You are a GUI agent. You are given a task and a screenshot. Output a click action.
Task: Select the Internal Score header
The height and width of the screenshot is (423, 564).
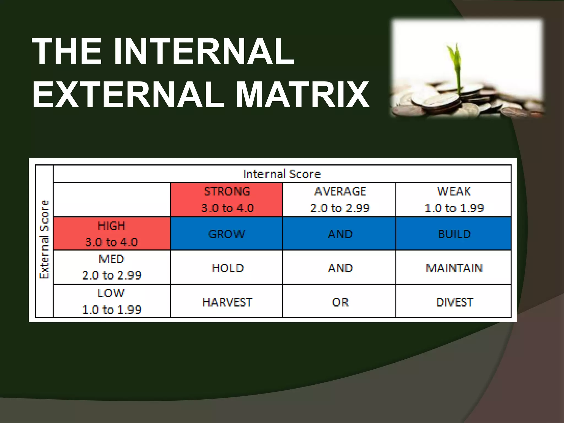[x=282, y=174]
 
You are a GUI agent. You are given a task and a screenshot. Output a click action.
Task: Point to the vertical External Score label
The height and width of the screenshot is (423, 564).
[x=45, y=240]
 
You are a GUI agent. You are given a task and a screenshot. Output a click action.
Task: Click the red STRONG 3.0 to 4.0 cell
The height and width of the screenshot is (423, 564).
[x=227, y=200]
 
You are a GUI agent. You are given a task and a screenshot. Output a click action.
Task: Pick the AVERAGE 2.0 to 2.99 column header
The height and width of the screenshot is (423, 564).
[x=340, y=200]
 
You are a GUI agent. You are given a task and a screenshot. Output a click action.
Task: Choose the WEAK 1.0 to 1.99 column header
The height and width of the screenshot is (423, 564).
[x=454, y=200]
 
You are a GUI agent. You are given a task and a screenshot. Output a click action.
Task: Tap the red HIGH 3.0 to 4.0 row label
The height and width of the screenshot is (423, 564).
[x=112, y=234]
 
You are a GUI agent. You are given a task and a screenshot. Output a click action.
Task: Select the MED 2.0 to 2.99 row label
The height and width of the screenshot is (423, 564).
[x=112, y=267]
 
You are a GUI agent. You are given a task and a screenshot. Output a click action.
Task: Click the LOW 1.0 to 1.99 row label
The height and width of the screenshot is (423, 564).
[x=112, y=301]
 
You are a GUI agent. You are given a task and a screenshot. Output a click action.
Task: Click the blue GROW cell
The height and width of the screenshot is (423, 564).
[x=226, y=234]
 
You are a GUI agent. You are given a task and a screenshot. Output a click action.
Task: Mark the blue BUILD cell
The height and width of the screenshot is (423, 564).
[x=454, y=234]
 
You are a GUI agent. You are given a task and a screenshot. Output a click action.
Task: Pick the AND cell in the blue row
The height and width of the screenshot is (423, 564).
[x=340, y=234]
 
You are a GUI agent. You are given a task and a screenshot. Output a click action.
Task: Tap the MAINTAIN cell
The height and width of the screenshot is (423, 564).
[x=454, y=268]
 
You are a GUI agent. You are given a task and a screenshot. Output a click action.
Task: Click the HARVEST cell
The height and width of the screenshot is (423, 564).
[x=227, y=302]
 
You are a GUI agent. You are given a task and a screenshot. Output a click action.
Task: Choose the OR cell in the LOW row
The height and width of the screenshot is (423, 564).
[x=340, y=302]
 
